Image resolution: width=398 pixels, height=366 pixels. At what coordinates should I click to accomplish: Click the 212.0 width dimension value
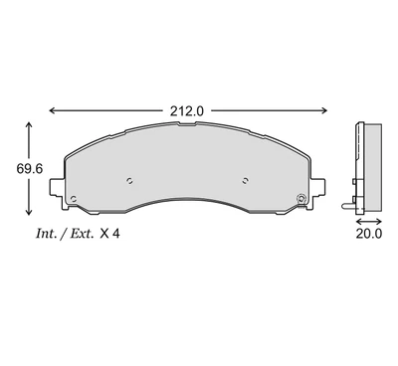tap(187, 111)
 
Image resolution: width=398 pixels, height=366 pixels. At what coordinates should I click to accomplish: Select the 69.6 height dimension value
tap(30, 169)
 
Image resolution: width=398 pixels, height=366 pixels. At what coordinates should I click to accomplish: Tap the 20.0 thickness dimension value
tap(369, 234)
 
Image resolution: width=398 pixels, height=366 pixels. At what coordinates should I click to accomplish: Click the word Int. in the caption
tap(46, 234)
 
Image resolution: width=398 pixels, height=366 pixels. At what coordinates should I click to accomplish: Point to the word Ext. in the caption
tap(82, 234)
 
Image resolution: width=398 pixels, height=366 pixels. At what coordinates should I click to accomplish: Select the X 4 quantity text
tap(109, 234)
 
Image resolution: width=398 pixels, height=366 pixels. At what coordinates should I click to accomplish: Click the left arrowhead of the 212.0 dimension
tap(53, 110)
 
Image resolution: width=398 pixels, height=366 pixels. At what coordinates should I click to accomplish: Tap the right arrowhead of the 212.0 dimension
tap(323, 110)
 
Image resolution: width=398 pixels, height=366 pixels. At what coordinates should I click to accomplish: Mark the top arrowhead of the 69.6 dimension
tap(29, 125)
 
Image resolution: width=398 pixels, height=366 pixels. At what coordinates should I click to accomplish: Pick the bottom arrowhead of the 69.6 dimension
tap(29, 212)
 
